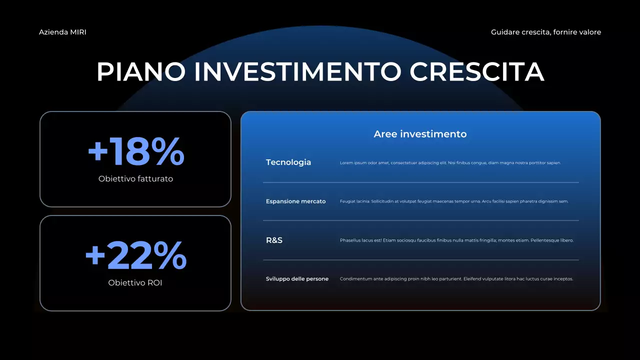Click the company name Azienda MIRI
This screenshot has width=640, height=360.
(62, 32)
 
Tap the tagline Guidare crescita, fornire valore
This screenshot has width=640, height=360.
(545, 32)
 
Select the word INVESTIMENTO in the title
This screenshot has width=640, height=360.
(297, 71)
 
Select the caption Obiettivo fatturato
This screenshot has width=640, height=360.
(135, 178)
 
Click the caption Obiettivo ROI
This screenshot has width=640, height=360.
(135, 283)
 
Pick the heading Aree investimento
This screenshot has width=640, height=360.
(420, 134)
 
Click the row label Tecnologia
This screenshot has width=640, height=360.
(288, 162)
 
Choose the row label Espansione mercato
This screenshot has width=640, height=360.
(295, 201)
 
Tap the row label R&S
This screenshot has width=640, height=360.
(274, 240)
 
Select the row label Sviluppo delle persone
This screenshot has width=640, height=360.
(297, 279)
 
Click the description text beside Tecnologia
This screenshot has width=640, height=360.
(450, 163)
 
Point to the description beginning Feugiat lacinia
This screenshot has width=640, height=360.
(454, 201)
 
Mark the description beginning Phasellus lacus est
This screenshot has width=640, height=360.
(456, 240)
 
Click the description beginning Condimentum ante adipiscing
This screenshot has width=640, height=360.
(456, 279)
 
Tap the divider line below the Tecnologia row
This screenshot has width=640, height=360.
(420, 182)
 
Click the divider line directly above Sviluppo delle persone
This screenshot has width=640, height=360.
(420, 260)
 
